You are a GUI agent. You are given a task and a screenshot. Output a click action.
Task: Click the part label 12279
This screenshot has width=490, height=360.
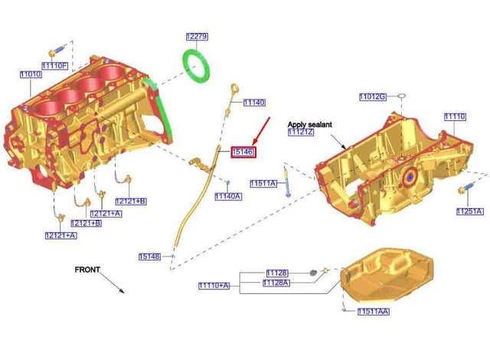pyautogui.click(x=197, y=37)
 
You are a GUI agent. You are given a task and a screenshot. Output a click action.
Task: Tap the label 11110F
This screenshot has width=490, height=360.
pyautogui.click(x=54, y=66)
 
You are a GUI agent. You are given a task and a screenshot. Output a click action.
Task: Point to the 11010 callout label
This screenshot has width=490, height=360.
pyautogui.click(x=31, y=74)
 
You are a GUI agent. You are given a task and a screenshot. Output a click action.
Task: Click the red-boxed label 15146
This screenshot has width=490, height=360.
pyautogui.click(x=243, y=152)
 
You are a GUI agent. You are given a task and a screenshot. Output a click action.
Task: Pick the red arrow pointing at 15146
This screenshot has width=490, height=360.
pyautogui.click(x=261, y=131)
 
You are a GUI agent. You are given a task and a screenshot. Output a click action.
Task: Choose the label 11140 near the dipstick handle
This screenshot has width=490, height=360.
pyautogui.click(x=254, y=103)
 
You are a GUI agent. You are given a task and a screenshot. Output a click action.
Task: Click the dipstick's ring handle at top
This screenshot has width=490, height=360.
pyautogui.click(x=235, y=88)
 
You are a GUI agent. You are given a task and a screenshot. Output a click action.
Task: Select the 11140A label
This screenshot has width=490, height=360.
pyautogui.click(x=228, y=196)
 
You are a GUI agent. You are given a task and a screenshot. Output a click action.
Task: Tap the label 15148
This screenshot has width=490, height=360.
pyautogui.click(x=150, y=257)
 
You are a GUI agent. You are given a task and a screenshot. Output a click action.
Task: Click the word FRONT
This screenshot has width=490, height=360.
pyautogui.click(x=87, y=270)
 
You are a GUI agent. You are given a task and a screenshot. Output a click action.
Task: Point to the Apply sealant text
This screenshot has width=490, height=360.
pyautogui.click(x=309, y=124)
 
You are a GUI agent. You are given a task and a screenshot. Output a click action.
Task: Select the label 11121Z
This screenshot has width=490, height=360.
pyautogui.click(x=301, y=133)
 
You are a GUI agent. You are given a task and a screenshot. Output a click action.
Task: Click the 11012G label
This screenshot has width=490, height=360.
pyautogui.click(x=373, y=97)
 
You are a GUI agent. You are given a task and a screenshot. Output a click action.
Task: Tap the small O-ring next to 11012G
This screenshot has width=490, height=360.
pyautogui.click(x=402, y=96)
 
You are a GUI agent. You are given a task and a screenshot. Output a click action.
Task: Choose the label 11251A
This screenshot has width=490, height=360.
pyautogui.click(x=470, y=211)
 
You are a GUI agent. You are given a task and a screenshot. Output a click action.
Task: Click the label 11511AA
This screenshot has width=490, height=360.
pyautogui.click(x=374, y=312)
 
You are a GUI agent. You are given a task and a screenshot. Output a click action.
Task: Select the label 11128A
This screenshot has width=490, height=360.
pyautogui.click(x=276, y=283)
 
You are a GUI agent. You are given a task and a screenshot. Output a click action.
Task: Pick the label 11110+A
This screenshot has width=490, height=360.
pyautogui.click(x=214, y=286)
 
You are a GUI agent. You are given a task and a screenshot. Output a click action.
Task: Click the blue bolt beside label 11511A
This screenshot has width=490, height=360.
pyautogui.click(x=286, y=182)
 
